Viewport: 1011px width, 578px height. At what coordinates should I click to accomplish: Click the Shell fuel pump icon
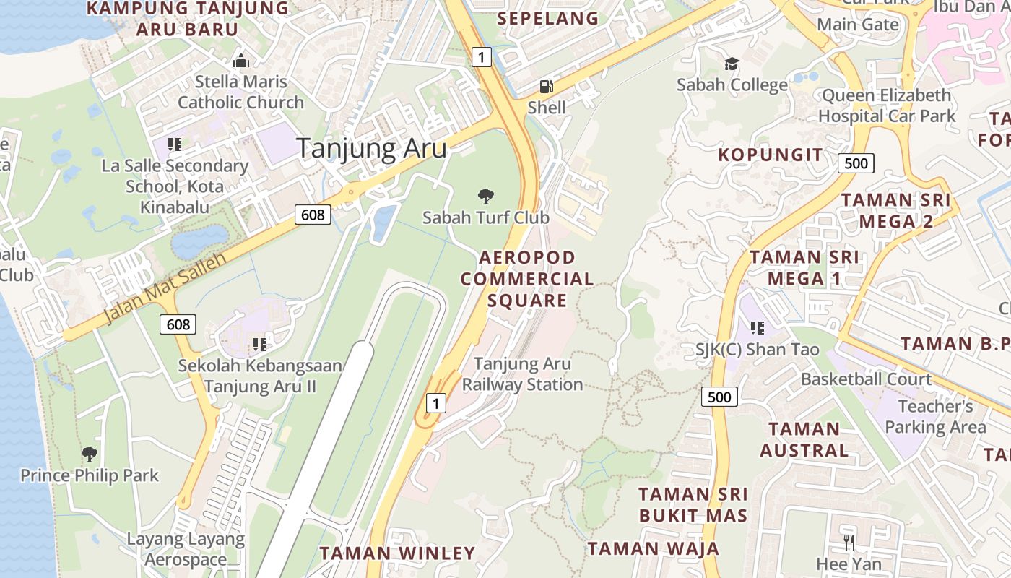(547, 87)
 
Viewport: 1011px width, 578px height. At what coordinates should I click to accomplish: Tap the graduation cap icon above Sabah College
(732, 64)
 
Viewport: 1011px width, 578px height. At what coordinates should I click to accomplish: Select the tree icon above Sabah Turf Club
(486, 196)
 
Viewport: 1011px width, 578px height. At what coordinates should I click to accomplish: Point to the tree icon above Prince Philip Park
(90, 454)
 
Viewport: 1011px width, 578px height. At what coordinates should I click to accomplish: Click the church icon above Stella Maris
(240, 61)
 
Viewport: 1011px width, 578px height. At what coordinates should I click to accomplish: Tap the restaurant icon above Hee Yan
(849, 542)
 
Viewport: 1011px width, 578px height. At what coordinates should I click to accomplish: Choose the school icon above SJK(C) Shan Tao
(757, 328)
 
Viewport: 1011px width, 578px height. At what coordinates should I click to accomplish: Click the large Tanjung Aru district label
(371, 148)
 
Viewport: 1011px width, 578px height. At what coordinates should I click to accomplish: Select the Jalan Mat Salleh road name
(165, 288)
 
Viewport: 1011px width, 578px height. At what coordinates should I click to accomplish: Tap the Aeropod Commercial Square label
(527, 278)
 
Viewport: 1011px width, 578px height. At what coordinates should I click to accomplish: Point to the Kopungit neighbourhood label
(770, 155)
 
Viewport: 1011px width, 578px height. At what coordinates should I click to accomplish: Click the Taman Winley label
(397, 553)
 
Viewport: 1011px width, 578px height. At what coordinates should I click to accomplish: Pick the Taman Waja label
(654, 548)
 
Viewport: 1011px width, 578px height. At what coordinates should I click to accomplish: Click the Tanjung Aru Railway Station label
(522, 374)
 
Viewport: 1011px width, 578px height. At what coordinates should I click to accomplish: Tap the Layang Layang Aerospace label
(186, 549)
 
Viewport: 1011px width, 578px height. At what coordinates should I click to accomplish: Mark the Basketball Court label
(866, 379)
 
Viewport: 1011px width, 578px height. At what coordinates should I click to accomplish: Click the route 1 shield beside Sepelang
(482, 56)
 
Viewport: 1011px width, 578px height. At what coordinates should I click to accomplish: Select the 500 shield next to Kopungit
(856, 163)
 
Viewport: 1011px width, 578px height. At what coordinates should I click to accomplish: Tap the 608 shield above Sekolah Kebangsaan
(178, 324)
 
